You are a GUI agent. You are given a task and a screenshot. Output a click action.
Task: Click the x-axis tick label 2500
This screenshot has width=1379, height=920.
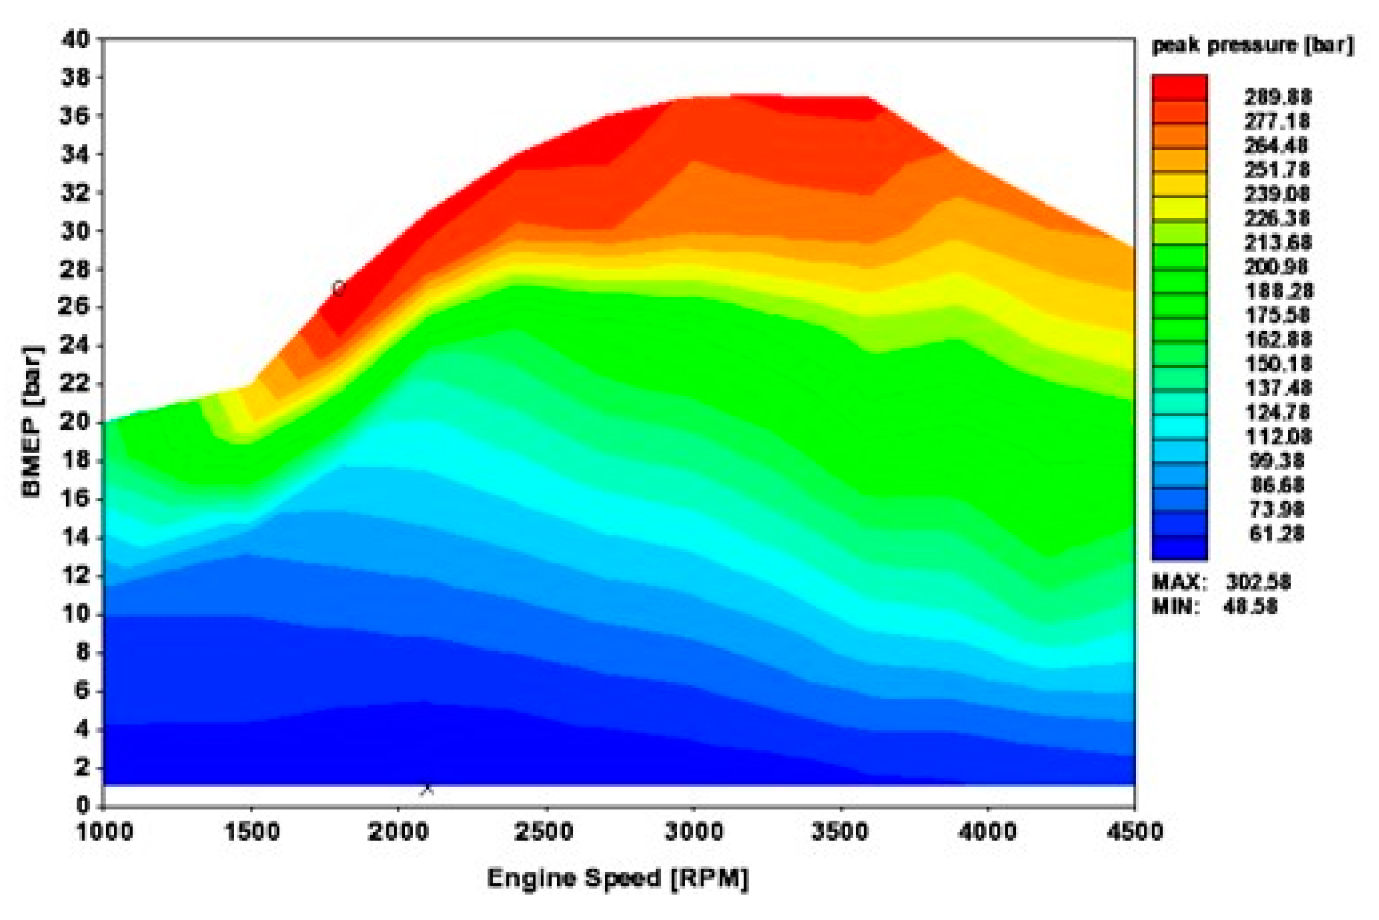(545, 832)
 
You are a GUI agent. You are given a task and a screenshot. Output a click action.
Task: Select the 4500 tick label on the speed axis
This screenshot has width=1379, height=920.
(1134, 832)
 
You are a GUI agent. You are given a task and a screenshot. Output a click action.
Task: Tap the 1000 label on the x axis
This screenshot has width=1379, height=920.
(105, 832)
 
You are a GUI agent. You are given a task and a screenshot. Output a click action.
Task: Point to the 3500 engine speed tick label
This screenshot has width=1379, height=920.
(840, 832)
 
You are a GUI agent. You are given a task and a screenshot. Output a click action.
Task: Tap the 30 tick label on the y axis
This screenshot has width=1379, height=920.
(75, 231)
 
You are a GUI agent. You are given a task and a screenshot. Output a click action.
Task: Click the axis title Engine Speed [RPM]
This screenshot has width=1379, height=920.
(618, 878)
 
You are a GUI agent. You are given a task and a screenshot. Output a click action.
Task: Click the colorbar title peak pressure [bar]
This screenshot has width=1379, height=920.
(1253, 45)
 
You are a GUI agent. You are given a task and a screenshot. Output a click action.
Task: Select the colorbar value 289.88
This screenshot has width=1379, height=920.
(1277, 97)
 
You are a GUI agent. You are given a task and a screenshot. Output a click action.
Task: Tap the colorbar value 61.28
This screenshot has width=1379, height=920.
(1276, 533)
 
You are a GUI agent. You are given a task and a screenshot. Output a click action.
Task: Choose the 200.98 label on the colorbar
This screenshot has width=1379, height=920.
(1276, 267)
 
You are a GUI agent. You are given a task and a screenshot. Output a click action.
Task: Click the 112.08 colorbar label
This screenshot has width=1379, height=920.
(1276, 436)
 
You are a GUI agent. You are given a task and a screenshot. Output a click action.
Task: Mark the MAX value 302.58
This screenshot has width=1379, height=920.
(1258, 582)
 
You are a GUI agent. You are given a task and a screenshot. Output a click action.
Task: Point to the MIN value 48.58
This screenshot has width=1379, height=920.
(1249, 606)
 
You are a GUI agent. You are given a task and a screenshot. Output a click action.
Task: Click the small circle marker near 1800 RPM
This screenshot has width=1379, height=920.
(338, 288)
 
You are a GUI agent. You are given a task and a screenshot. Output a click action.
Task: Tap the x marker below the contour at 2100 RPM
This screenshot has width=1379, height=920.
(427, 790)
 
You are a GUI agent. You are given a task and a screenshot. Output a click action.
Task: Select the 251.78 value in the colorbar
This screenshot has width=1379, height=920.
(1276, 170)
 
